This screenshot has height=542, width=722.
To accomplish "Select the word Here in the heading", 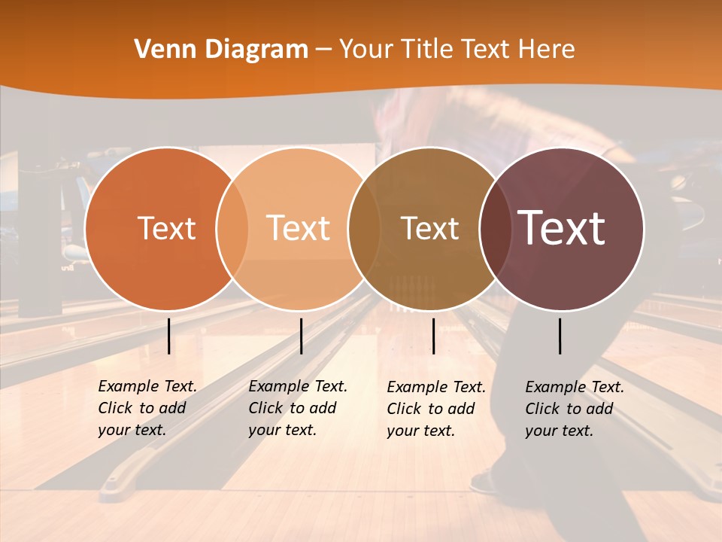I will click(546, 50).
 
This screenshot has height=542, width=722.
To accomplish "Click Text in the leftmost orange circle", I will click(166, 228).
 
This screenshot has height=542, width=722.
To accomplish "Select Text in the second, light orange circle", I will click(299, 228).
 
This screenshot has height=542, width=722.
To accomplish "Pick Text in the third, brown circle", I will click(429, 228).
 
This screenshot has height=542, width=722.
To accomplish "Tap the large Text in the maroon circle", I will click(562, 228).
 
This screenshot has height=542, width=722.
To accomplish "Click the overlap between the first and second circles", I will click(232, 228).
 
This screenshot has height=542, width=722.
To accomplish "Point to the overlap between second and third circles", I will click(364, 228).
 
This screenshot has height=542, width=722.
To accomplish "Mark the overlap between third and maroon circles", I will click(495, 228).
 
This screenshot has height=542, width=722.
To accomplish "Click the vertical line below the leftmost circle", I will click(168, 336).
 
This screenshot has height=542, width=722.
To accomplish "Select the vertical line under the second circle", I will click(301, 336).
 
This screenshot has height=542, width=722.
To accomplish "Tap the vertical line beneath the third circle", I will click(433, 336).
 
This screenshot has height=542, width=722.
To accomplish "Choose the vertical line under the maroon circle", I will click(560, 336).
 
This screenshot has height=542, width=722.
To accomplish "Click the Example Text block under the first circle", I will click(147, 408).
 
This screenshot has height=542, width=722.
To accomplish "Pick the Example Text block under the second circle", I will click(297, 408).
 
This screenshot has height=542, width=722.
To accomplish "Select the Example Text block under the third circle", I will click(435, 409).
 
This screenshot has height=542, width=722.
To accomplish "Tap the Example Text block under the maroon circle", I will click(574, 409).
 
